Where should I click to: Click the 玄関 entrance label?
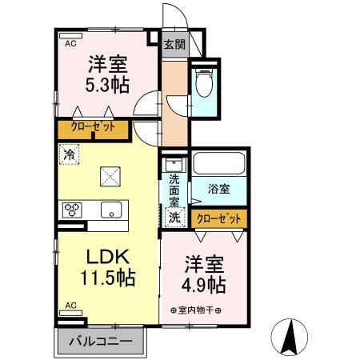coord(174,44)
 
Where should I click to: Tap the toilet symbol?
coord(203,83)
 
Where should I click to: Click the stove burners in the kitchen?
coord(72,210)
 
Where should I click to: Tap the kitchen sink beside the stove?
coord(110,210)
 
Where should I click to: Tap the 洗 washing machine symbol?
coord(174,216)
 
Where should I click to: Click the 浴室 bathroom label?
coord(218,190)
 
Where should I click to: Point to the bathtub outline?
coord(219,164)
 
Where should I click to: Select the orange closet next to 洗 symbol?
coord(218,216)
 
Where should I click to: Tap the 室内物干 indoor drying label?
coord(196,310)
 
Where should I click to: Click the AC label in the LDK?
coord(70,305)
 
